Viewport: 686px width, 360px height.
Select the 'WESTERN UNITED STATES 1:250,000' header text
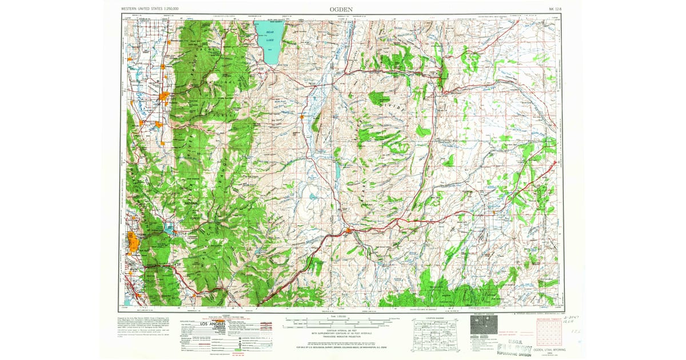coord(150,9)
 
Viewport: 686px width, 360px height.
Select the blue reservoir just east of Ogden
coord(169,229)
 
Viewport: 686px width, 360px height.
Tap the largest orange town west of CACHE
coord(165,95)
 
